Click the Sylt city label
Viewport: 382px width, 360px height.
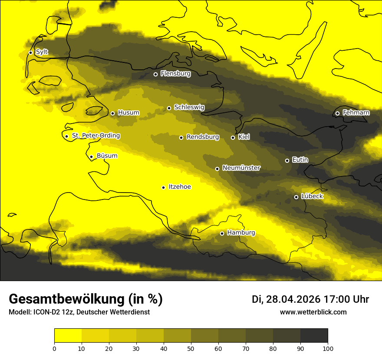point(42,52)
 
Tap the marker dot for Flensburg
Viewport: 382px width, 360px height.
point(155,74)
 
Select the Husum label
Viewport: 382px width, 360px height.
point(128,113)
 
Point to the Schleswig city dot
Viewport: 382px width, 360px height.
point(169,108)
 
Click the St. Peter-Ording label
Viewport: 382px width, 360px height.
point(95,136)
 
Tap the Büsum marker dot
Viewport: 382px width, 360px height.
point(91,157)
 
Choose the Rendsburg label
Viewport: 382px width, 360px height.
point(203,137)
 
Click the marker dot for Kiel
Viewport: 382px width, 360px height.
point(233,137)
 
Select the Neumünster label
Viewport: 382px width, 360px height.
point(241,168)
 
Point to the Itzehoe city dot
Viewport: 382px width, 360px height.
point(163,187)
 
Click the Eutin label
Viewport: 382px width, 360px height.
point(300,160)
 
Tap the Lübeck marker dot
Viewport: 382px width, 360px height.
point(296,197)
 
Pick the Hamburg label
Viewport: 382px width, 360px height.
point(241,233)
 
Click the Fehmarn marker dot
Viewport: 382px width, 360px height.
point(337,113)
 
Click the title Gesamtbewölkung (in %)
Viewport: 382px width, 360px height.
point(86,299)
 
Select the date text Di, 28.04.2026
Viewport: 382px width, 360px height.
point(286,299)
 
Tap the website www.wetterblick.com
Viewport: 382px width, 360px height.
point(313,312)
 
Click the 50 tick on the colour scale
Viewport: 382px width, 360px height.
point(191,348)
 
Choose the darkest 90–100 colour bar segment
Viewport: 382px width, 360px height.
point(314,335)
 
